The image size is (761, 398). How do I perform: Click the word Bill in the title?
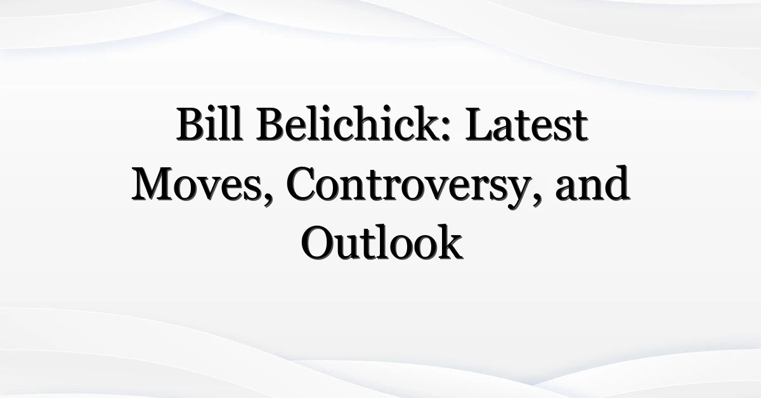pyautogui.click(x=210, y=124)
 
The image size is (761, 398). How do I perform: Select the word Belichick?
pyautogui.click(x=353, y=124)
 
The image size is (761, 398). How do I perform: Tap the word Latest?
pyautogui.click(x=526, y=124)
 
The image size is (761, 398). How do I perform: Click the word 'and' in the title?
pyautogui.click(x=593, y=183)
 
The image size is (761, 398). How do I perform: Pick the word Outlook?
pyautogui.click(x=382, y=242)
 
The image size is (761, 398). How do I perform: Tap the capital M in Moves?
pyautogui.click(x=153, y=184)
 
